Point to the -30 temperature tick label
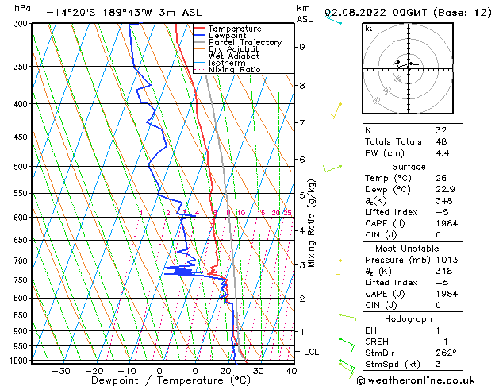click(60, 371)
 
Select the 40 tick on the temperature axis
click(291, 371)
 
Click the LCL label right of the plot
click(311, 351)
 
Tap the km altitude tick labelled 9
click(302, 47)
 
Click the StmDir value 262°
click(445, 353)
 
